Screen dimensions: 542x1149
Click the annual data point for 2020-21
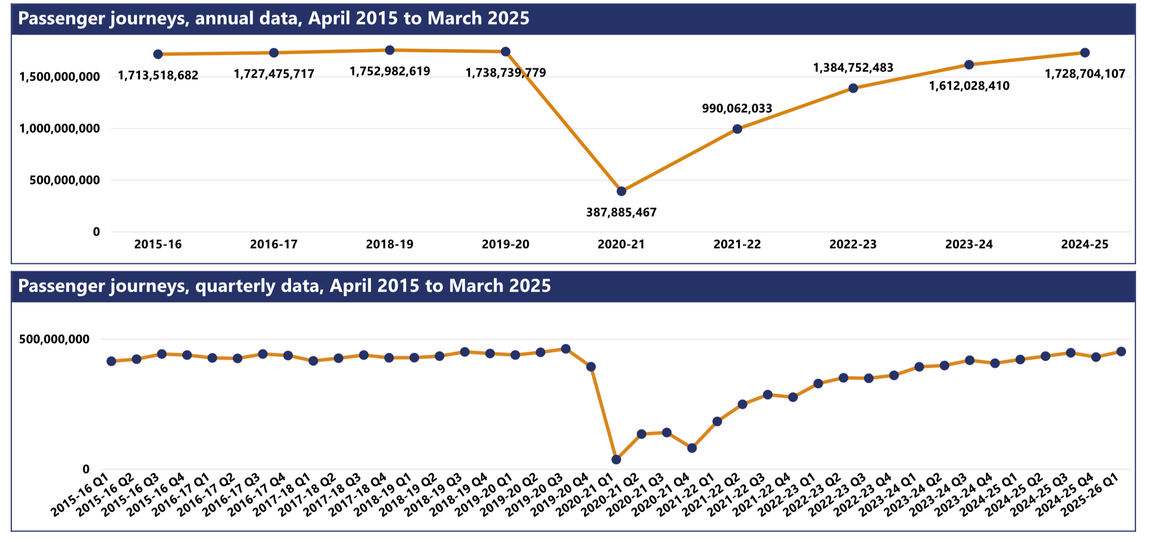(x=621, y=191)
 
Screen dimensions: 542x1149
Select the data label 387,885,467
(x=621, y=213)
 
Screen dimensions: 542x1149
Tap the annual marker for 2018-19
(x=389, y=50)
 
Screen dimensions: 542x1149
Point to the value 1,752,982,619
(x=390, y=71)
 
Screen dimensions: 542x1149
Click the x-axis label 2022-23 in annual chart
(x=853, y=244)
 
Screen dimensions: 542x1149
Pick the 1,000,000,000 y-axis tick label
(x=60, y=129)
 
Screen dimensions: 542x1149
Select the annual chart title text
(x=274, y=19)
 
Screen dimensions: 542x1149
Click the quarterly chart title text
(x=284, y=286)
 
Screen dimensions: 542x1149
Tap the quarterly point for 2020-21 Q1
(x=616, y=459)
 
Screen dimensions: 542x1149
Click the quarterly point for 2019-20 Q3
(x=566, y=349)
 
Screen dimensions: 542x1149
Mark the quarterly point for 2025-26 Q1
(x=1121, y=352)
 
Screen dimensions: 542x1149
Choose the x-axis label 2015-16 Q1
(x=80, y=495)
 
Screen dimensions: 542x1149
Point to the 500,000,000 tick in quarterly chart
(x=54, y=339)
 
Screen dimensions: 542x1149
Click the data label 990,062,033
(x=737, y=108)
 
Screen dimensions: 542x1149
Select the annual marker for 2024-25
(x=1085, y=53)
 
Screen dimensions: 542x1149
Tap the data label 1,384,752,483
(x=853, y=68)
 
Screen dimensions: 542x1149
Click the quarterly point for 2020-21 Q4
(x=692, y=448)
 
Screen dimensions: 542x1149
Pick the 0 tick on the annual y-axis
(x=96, y=232)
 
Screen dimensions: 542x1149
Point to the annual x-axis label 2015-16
(x=157, y=244)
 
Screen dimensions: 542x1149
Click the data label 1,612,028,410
(x=969, y=86)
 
